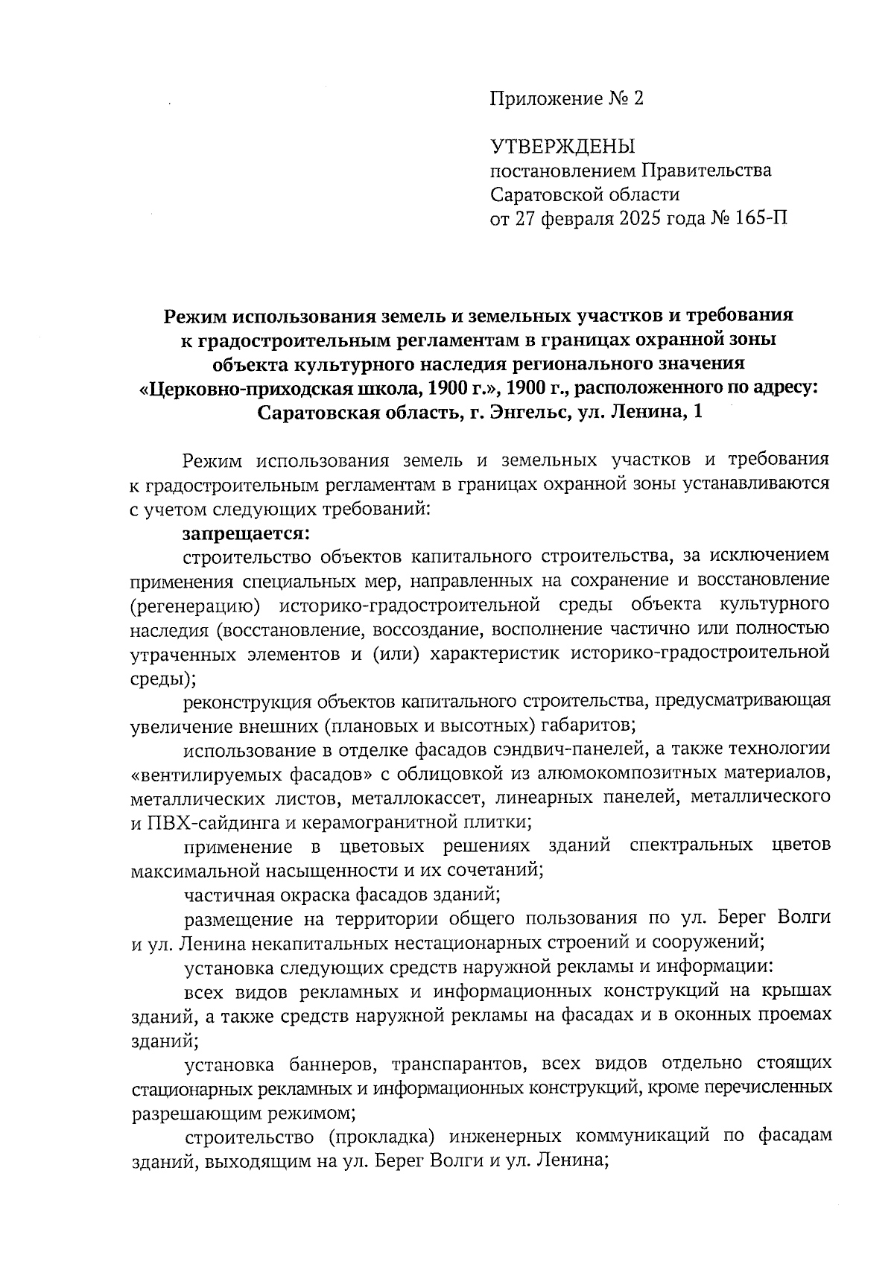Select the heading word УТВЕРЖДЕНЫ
point(562,146)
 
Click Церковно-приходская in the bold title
point(271,388)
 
